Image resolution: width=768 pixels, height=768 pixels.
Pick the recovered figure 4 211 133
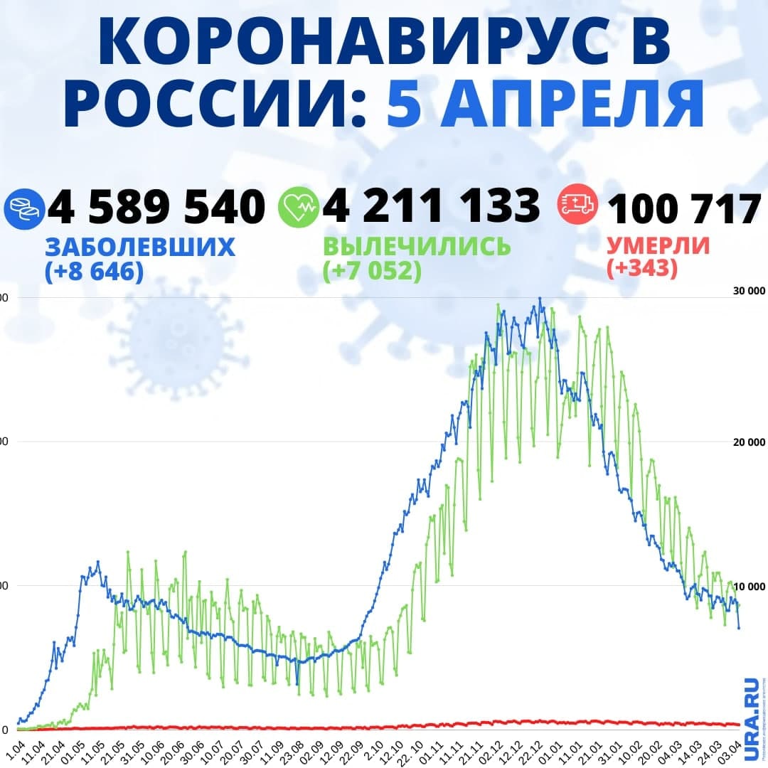tap(431, 207)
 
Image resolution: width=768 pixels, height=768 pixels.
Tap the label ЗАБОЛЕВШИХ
tap(140, 247)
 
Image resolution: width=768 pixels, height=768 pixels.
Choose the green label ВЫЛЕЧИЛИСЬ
tap(417, 247)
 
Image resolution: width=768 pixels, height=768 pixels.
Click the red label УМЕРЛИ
tap(658, 246)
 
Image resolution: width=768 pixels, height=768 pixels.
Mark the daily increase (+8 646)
tap(94, 271)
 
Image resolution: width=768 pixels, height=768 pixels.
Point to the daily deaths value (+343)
tap(642, 270)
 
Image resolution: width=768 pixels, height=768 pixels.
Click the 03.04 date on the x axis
tap(735, 752)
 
